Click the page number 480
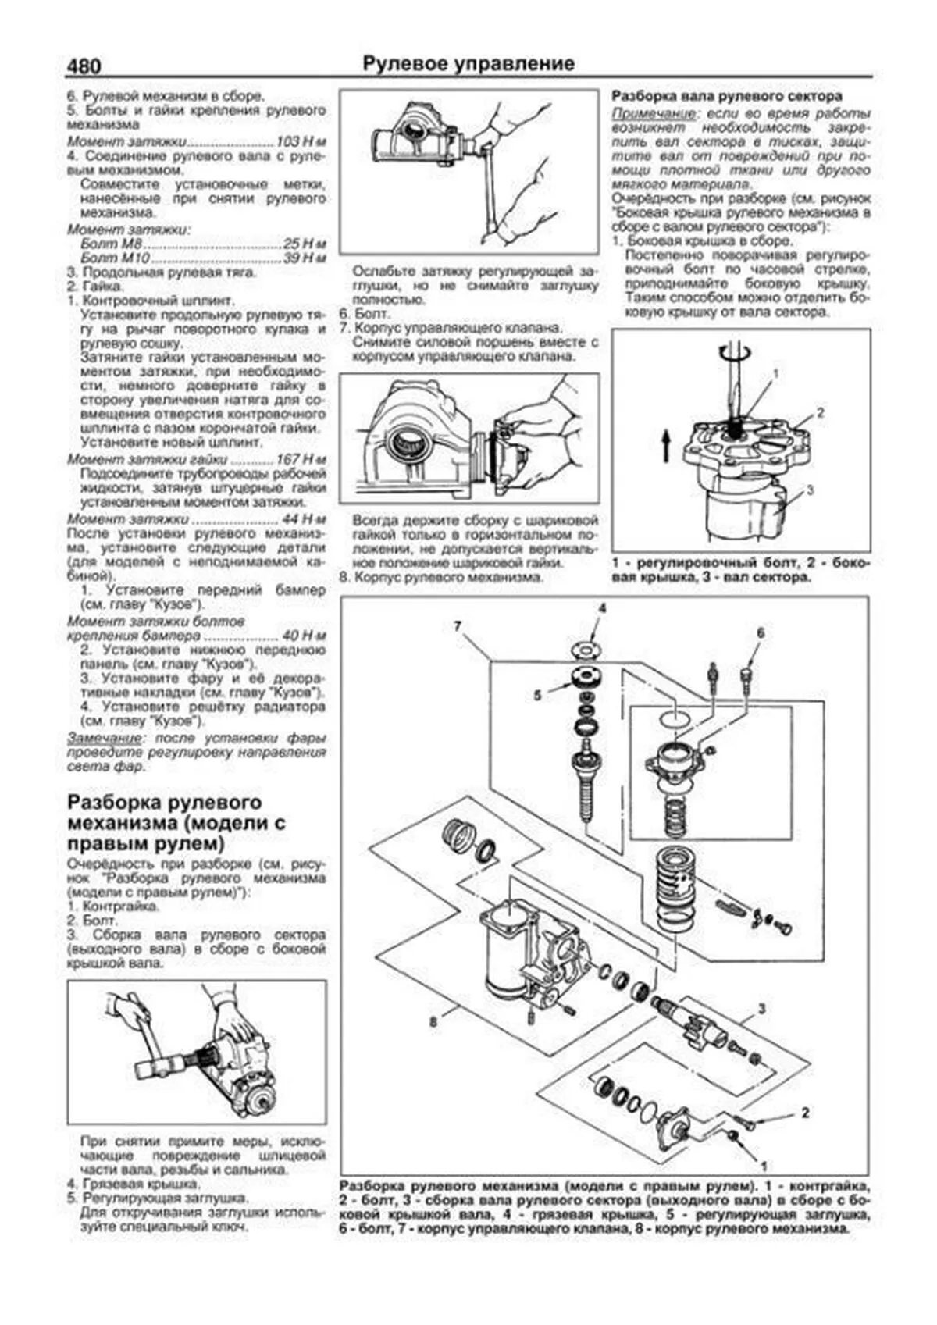(84, 67)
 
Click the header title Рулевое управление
(468, 64)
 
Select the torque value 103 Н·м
(301, 143)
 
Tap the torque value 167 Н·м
(301, 459)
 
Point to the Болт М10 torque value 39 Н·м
(305, 258)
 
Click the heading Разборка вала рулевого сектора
(726, 96)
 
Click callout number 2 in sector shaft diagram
(821, 413)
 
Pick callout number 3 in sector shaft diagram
(810, 490)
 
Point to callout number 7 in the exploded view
(458, 625)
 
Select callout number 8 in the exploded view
(433, 1020)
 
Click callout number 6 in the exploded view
(760, 633)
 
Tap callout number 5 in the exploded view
(538, 695)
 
